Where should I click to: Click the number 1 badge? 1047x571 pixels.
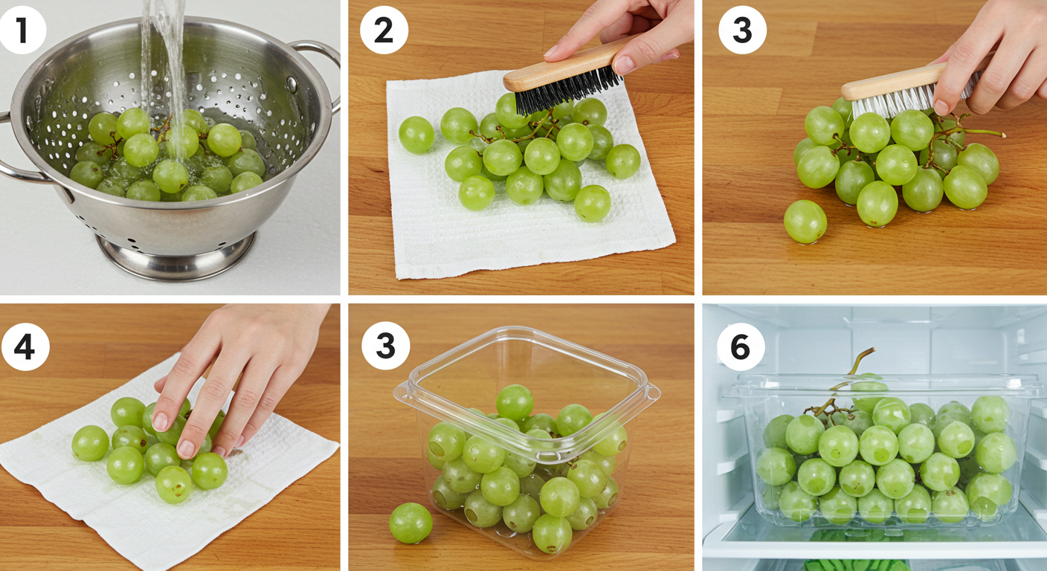point(22,30)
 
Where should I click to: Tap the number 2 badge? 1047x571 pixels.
point(384,30)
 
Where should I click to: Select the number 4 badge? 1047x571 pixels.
point(25,346)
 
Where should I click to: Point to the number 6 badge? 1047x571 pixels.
point(741,347)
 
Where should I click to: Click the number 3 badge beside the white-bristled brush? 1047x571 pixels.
point(742,30)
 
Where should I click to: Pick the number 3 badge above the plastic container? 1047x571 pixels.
point(386,346)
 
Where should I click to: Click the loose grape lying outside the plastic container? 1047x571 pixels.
point(410,523)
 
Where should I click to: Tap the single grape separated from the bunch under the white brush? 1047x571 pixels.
point(805,222)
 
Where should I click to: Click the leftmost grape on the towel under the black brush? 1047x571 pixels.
point(416,135)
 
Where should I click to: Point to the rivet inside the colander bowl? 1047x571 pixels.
point(291,84)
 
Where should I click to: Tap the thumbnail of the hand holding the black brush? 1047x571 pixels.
point(624,65)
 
